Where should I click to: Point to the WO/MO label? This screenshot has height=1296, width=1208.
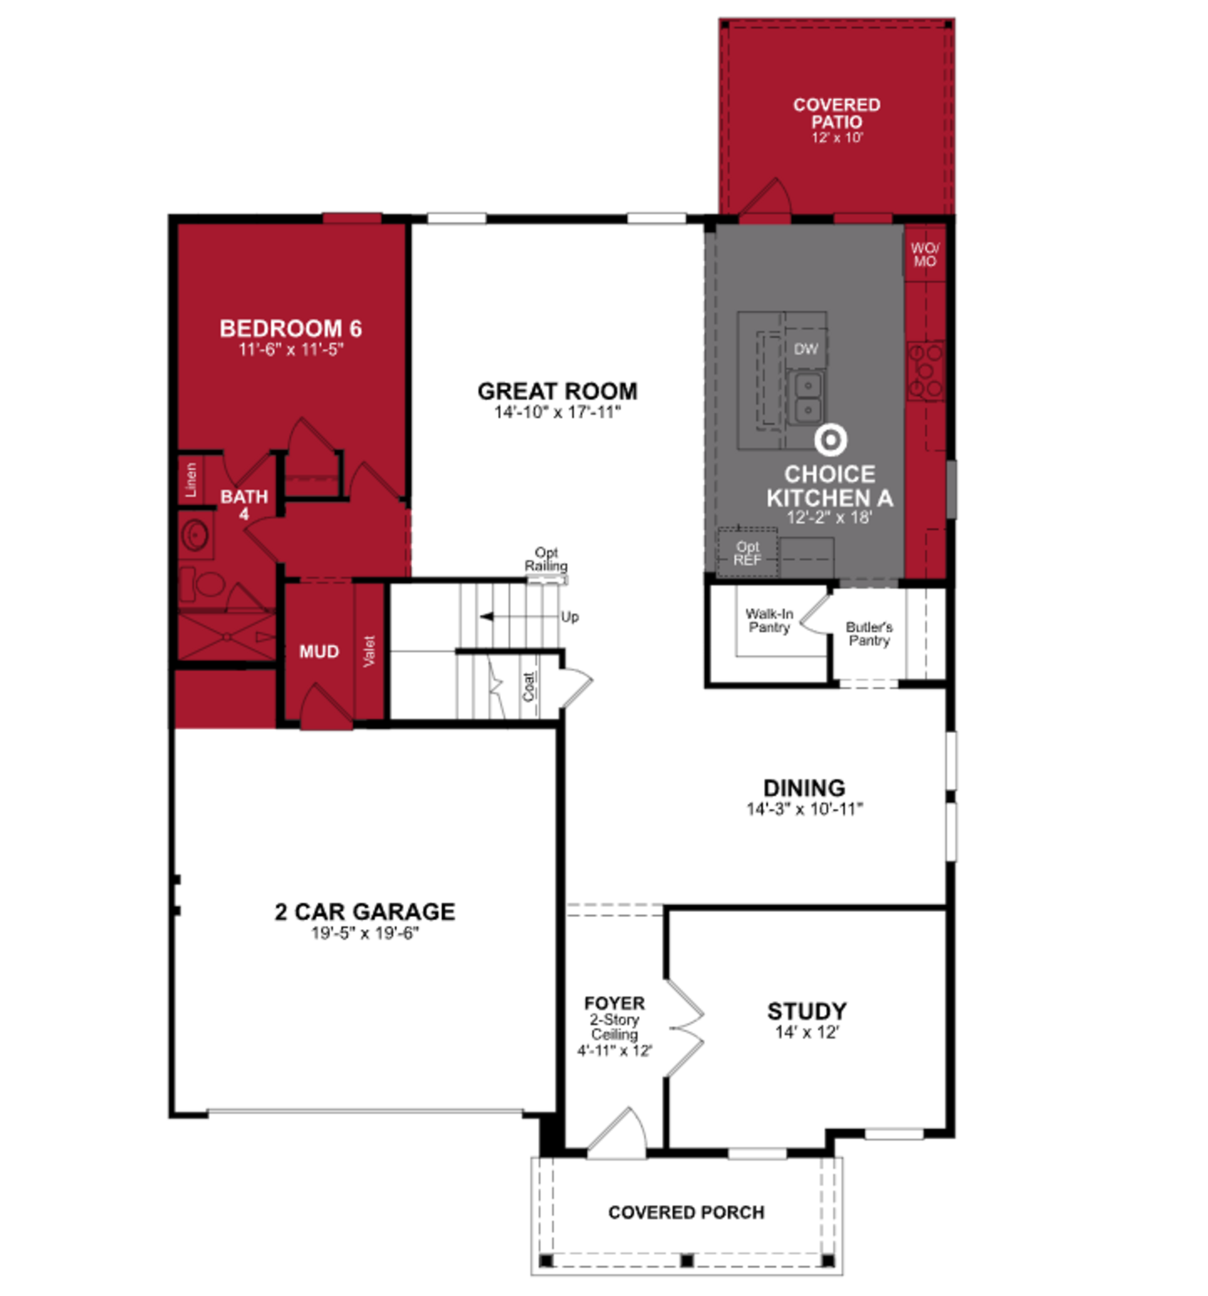click(924, 255)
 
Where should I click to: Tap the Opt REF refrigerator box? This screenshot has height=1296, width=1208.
click(747, 553)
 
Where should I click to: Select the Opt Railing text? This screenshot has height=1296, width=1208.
click(546, 559)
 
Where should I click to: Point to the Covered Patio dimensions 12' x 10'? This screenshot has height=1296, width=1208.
click(837, 137)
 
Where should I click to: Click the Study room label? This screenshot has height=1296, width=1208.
click(806, 1011)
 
